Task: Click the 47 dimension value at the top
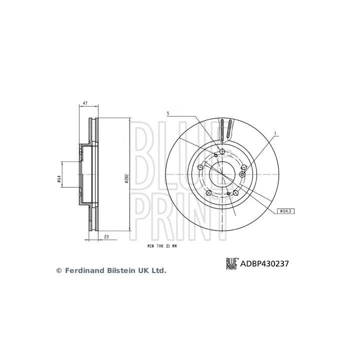tap(85, 103)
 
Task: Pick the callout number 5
tap(168, 114)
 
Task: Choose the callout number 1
tap(274, 133)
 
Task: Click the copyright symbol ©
tap(58, 270)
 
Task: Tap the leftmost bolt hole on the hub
tap(200, 167)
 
